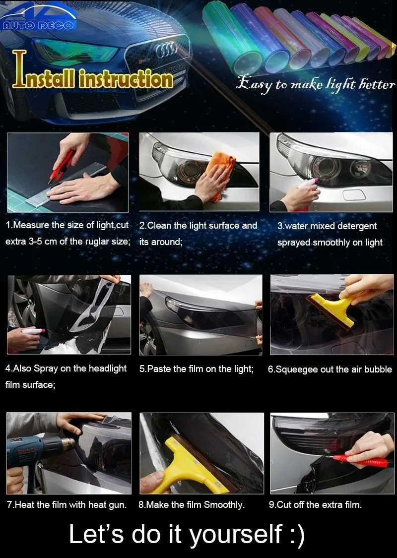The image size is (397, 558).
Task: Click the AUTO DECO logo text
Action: coord(38,25)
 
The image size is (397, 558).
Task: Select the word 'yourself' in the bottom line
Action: coord(236,535)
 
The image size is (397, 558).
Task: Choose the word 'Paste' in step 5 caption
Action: coord(159,369)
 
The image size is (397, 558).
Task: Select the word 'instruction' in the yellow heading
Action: coord(126,79)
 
